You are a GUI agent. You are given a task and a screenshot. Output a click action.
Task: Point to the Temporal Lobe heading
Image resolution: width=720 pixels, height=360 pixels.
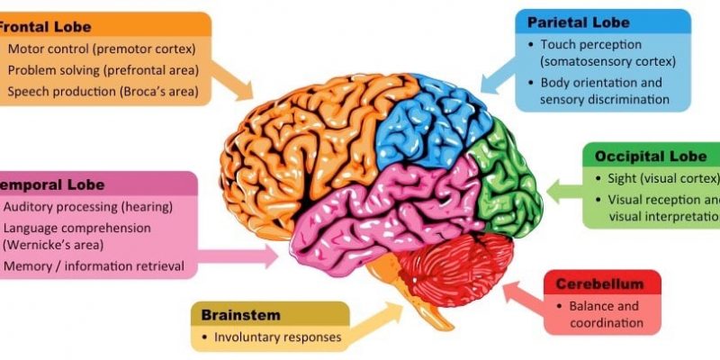[54, 184]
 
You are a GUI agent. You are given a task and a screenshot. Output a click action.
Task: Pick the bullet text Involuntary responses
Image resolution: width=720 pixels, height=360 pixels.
[277, 338]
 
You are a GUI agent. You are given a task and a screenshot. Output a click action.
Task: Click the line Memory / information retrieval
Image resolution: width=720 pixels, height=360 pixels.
[94, 265]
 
